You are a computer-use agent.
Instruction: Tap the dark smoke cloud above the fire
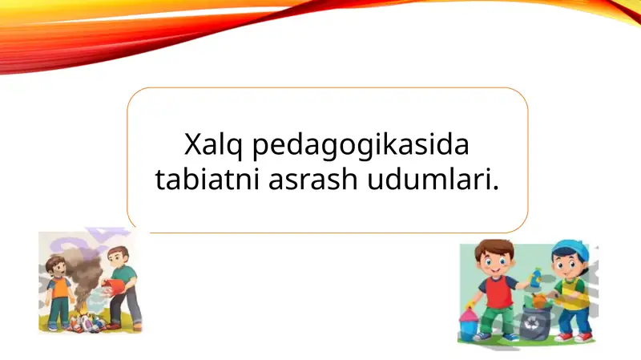coord(79,265)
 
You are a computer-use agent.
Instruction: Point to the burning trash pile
coord(84,321)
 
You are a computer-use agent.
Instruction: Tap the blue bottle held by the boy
coord(535,279)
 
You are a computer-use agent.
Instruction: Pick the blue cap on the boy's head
coord(570,245)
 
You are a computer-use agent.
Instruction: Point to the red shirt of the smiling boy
coord(497,291)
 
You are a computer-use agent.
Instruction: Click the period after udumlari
coord(492,188)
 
